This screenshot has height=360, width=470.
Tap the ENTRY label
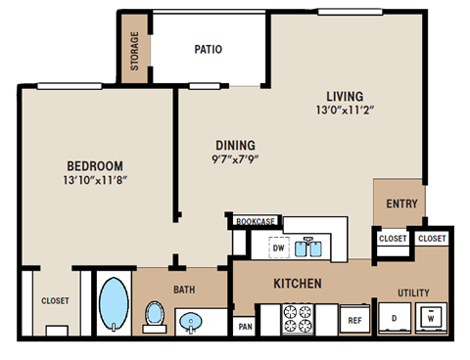click(401, 204)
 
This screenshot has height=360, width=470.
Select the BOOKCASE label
click(255, 222)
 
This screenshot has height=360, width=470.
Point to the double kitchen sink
click(315, 246)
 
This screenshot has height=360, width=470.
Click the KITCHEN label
click(298, 284)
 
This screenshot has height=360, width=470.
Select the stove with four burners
click(297, 318)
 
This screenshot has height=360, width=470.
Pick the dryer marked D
click(394, 318)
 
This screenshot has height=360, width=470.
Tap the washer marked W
click(430, 318)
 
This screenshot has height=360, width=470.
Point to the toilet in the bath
click(154, 314)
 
